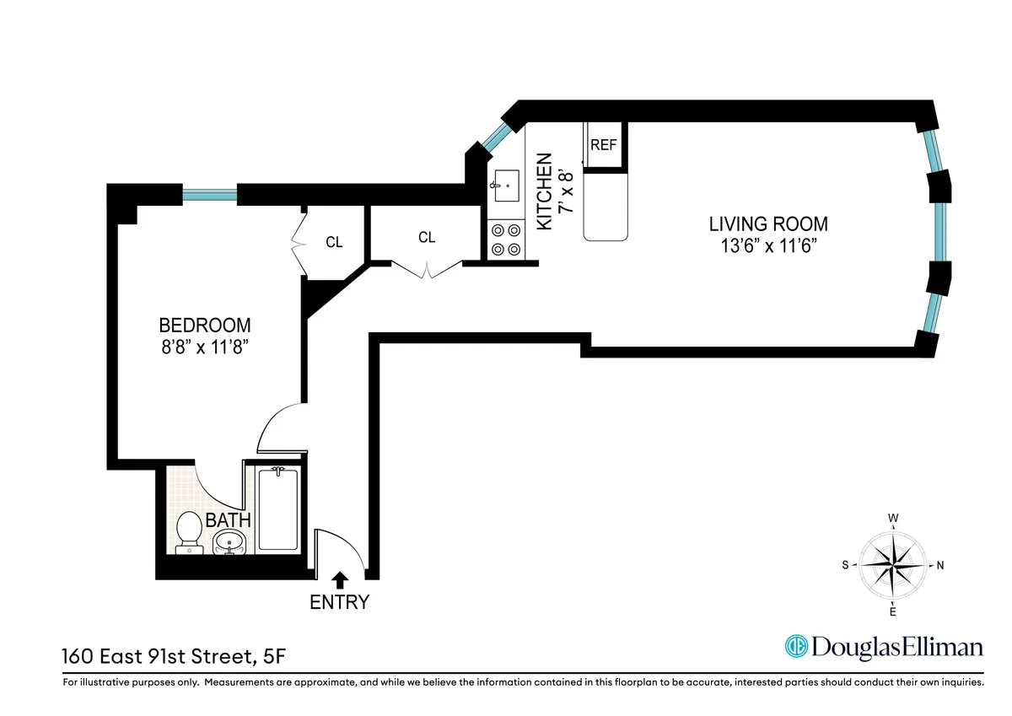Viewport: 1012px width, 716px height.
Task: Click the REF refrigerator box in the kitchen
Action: pyautogui.click(x=603, y=145)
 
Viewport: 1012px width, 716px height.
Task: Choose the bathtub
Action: pyautogui.click(x=276, y=509)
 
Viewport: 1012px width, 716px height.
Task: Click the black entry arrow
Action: pyautogui.click(x=339, y=579)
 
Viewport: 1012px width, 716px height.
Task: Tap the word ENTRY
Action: pyautogui.click(x=339, y=602)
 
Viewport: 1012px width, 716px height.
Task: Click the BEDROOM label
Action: pyautogui.click(x=205, y=325)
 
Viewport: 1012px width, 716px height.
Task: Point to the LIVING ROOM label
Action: pyautogui.click(x=767, y=224)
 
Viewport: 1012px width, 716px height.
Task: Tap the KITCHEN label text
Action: pyautogui.click(x=545, y=191)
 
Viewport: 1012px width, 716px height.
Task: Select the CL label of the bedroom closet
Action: pyautogui.click(x=334, y=242)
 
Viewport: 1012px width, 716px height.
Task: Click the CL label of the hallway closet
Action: pyautogui.click(x=427, y=238)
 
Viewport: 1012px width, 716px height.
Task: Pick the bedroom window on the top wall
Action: pyautogui.click(x=209, y=195)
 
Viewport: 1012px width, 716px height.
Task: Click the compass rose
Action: pyautogui.click(x=892, y=564)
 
